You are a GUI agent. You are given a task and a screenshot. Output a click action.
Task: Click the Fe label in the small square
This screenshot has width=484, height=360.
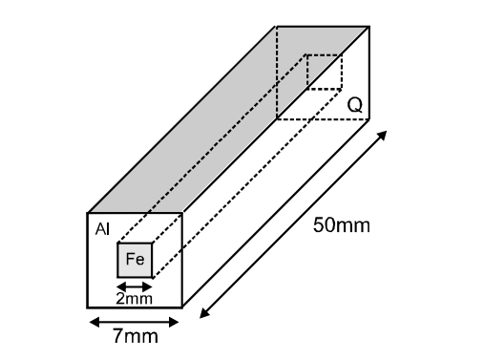tap(135, 260)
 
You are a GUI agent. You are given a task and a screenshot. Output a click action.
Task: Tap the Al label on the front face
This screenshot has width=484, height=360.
tap(102, 229)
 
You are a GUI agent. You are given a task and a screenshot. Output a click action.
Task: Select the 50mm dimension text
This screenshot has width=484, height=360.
tap(341, 226)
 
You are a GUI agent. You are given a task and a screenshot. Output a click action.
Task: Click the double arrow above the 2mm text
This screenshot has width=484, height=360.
tap(134, 285)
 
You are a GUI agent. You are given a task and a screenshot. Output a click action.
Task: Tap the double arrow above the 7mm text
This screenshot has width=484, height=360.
tap(135, 321)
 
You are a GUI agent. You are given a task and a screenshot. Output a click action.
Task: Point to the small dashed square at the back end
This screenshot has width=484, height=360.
tap(324, 72)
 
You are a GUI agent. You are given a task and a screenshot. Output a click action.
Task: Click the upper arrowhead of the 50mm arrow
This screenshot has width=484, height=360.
tap(383, 135)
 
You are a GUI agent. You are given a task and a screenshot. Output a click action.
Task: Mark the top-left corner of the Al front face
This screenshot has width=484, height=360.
tap(88, 213)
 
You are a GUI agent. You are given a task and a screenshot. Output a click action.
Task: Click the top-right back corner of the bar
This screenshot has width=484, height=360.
tap(369, 26)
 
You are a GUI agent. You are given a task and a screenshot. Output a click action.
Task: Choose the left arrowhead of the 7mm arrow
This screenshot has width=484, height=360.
tap(92, 321)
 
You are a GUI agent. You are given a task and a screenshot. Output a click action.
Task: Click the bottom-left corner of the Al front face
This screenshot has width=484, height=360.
tap(88, 307)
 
